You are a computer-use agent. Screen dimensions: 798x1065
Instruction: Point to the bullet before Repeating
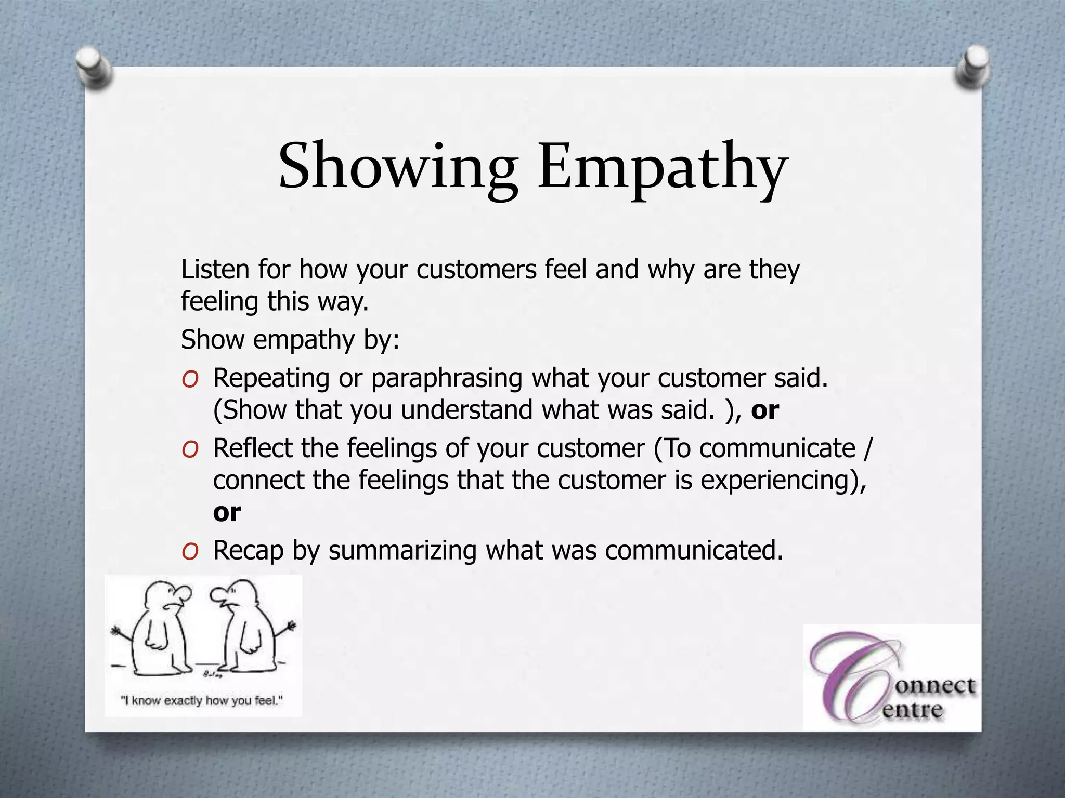190,380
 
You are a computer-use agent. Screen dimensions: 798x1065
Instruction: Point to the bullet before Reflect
190,450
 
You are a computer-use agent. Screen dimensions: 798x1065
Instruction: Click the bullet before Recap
190,552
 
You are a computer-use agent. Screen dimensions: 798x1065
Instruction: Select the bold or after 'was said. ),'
765,410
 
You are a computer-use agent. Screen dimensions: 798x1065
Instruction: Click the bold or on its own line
227,513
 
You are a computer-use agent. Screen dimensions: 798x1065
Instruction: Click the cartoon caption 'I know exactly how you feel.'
202,701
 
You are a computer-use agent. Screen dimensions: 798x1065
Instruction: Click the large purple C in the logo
853,675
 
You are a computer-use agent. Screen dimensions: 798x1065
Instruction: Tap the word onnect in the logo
934,686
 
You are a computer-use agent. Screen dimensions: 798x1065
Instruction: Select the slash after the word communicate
866,448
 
